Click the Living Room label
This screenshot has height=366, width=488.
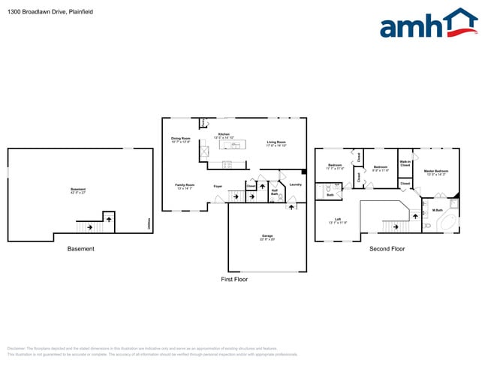pyautogui.click(x=276, y=143)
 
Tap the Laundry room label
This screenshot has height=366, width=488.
pyautogui.click(x=295, y=184)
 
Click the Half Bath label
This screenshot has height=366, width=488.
pyautogui.click(x=276, y=191)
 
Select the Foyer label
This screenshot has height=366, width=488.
pyautogui.click(x=218, y=186)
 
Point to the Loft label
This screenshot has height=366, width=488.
pyautogui.click(x=338, y=221)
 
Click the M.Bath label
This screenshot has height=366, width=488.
pyautogui.click(x=438, y=210)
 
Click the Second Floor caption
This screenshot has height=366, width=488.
pyautogui.click(x=387, y=249)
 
